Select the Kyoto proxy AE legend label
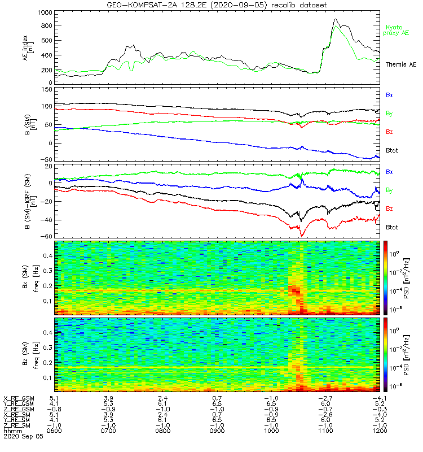pyautogui.click(x=396, y=31)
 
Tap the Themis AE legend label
pyautogui.click(x=401, y=64)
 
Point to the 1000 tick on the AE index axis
pyautogui.click(x=45, y=13)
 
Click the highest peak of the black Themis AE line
pyautogui.click(x=335, y=19)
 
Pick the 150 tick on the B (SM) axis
pyautogui.click(x=47, y=90)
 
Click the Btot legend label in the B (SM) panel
pyautogui.click(x=392, y=150)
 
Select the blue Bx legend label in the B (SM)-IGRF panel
pyautogui.click(x=389, y=172)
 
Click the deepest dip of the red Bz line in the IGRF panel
pyautogui.click(x=302, y=236)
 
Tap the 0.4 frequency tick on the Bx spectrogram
pyautogui.click(x=48, y=256)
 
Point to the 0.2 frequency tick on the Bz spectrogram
pyautogui.click(x=48, y=363)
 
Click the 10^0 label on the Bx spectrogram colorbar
pyautogui.click(x=394, y=254)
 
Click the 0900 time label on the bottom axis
pyautogui.click(x=217, y=431)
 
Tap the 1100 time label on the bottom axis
pyautogui.click(x=325, y=431)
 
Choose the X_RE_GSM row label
pyautogui.click(x=19, y=399)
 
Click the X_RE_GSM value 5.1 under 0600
pyautogui.click(x=54, y=399)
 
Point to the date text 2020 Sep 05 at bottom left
pyautogui.click(x=23, y=436)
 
